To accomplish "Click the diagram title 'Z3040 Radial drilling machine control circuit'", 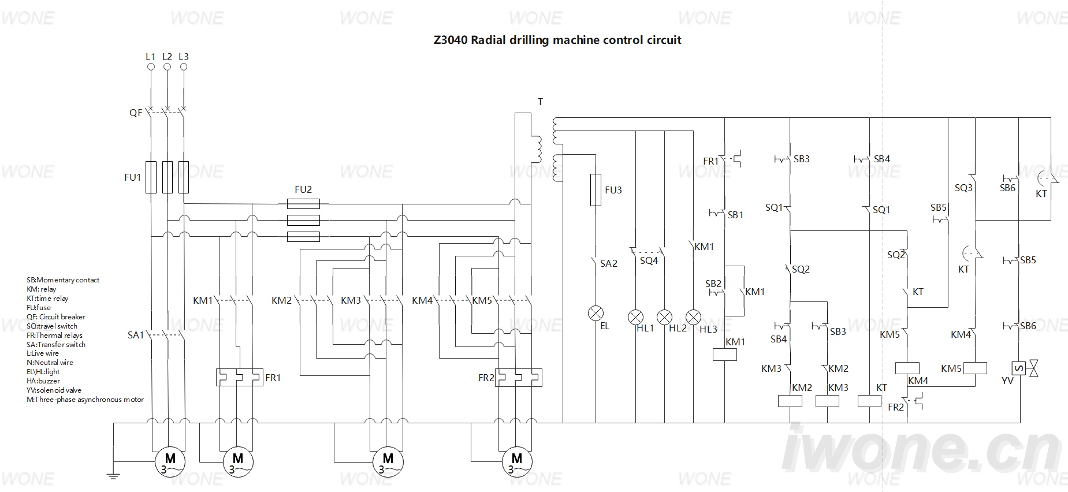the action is (557, 40).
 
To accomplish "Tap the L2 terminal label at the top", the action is (167, 57).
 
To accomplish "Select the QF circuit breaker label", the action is (136, 113).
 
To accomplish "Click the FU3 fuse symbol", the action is (596, 190).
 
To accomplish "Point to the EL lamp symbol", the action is (596, 314).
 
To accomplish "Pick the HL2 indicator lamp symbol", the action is (665, 317).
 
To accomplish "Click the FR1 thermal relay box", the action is (240, 377).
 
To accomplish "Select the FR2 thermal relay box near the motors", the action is (519, 378).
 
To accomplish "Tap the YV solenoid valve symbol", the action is (1025, 368).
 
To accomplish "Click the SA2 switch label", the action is (609, 263).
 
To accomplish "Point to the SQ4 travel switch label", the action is (649, 260).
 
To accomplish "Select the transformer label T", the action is (541, 102).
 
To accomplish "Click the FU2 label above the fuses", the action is (303, 189).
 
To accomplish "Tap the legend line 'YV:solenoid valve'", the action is (54, 390).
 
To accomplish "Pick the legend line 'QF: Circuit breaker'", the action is (56, 316).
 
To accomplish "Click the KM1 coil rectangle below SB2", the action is (725, 355).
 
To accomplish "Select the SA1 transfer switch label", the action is (136, 335).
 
